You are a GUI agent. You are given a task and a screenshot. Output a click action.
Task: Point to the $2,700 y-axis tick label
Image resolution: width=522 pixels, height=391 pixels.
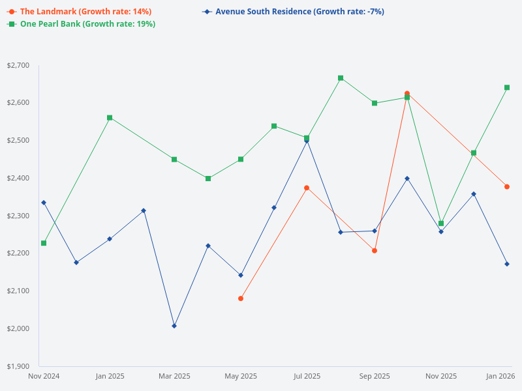coord(18,65)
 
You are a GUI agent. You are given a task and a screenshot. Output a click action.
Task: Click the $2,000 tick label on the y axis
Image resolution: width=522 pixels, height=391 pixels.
coord(18,328)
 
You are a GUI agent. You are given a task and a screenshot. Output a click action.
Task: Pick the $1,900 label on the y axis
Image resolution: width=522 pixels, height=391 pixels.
coord(18,366)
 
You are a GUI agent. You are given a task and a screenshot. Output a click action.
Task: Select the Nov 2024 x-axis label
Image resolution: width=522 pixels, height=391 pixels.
coord(44,376)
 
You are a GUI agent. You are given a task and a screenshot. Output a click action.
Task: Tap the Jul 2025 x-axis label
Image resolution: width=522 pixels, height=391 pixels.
coord(307,376)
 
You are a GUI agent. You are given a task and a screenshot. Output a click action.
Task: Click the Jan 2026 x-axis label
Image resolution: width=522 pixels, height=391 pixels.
coord(500,376)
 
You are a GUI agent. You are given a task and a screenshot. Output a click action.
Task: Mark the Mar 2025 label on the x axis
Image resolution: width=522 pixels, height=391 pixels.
coord(174,376)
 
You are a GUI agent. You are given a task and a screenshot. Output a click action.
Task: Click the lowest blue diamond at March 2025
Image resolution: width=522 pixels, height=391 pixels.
coord(174,326)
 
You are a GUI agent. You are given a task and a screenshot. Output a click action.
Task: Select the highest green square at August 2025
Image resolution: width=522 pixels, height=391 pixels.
coord(341,78)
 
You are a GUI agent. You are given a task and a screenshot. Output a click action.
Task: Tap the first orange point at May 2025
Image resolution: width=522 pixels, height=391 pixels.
coord(241,298)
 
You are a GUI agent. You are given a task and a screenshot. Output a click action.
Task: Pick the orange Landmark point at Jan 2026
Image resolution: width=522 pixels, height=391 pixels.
coord(507,187)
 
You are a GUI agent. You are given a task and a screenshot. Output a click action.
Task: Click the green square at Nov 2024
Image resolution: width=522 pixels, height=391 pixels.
coord(44,243)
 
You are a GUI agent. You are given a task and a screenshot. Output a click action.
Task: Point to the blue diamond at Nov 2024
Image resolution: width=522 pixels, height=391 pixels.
coord(44,203)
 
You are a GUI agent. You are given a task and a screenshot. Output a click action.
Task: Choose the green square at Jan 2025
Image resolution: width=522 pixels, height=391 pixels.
coord(110,118)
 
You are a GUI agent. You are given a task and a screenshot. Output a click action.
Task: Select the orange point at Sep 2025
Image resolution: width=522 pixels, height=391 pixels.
coord(375,251)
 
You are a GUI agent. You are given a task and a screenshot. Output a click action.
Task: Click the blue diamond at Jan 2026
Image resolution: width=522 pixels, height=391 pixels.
coord(507,264)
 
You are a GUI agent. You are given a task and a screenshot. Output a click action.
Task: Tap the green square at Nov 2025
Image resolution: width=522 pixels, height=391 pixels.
coord(441,224)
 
